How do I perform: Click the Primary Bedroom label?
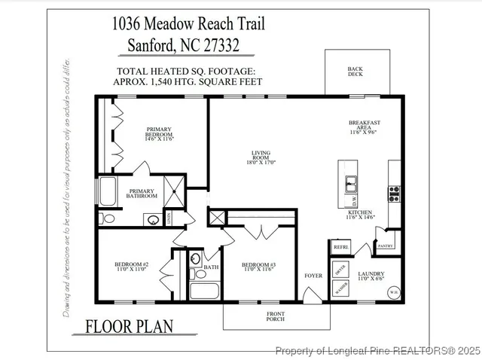pos(159,134)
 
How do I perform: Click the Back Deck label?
pos(355,72)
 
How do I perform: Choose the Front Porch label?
pos(276,316)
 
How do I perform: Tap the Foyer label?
pos(313,276)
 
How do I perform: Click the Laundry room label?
pos(372,276)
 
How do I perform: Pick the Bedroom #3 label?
pos(259,267)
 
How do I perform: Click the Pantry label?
pos(386,246)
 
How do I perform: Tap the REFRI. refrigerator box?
pos(340,247)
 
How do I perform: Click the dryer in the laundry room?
pos(340,270)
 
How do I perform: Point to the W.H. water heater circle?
pos(393,291)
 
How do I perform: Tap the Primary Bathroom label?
pos(142,194)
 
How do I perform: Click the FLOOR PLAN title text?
pos(129,326)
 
